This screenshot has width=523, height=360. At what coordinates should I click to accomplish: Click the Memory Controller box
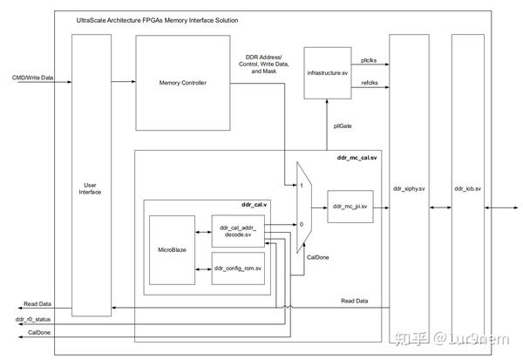[x=181, y=83]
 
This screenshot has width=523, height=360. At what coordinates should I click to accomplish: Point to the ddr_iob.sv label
[x=468, y=188]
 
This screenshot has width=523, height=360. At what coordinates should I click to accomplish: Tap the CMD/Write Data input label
[x=32, y=78]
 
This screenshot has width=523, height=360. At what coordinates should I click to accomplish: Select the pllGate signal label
[x=343, y=126]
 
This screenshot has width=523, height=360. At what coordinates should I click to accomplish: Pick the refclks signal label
[x=370, y=83]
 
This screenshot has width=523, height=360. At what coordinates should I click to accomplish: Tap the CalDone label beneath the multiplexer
[x=316, y=257]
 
